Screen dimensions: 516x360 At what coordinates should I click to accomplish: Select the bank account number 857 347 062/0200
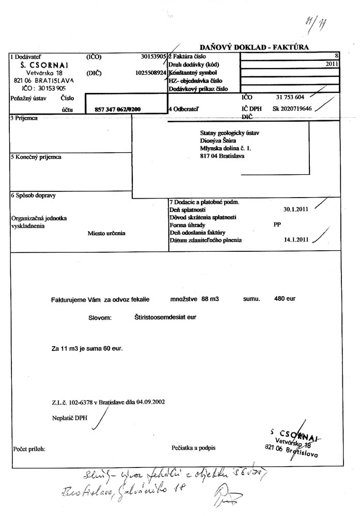(x=118, y=109)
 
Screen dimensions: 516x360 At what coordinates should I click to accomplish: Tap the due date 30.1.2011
(x=296, y=209)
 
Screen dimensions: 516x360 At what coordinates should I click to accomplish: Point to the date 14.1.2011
(x=296, y=240)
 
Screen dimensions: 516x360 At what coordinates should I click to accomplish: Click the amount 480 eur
(x=285, y=299)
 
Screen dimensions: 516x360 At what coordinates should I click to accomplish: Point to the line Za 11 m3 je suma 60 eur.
(x=87, y=349)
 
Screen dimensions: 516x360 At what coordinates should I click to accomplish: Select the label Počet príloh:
(x=29, y=449)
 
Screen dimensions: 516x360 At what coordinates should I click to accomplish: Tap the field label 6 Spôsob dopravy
(x=33, y=196)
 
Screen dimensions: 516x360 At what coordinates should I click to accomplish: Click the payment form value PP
(x=277, y=225)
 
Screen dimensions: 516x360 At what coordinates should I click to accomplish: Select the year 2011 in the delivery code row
(x=332, y=64)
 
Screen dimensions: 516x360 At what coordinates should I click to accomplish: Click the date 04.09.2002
(x=148, y=401)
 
